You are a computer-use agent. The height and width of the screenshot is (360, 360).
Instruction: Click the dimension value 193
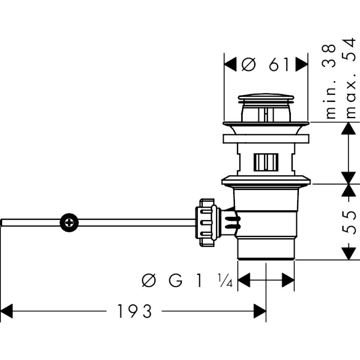134,311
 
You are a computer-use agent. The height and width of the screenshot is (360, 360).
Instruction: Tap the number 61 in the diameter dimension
279,65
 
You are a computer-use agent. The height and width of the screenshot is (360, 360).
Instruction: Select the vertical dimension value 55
350,221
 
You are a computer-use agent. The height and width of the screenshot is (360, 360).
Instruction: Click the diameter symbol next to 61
249,65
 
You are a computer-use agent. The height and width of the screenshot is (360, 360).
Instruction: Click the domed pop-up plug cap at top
266,99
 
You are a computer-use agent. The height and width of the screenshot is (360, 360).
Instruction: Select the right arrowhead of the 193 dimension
260,311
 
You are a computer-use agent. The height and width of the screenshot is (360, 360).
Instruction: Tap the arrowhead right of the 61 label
301,65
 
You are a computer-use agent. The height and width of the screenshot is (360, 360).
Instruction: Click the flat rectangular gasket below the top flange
266,139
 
